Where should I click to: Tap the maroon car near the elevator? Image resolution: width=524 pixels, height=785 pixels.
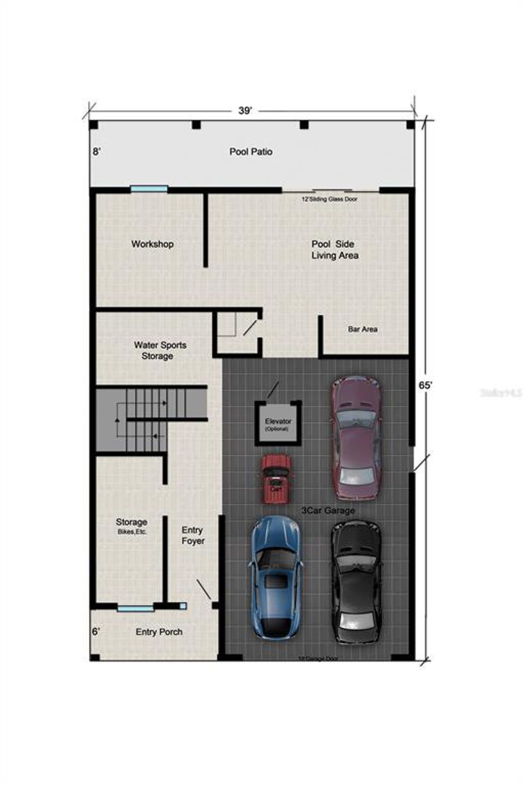[x=357, y=438]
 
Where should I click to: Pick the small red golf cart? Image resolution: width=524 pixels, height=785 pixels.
[x=277, y=479]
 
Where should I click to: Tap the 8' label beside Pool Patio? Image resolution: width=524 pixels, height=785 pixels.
[x=96, y=152]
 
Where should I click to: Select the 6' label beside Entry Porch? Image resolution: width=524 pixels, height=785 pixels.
[x=95, y=632]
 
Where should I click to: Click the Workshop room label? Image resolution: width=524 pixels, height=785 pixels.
[x=152, y=244]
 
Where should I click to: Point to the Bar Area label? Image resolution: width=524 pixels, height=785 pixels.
[x=363, y=329]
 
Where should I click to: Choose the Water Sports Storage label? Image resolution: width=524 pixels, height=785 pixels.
[x=160, y=350]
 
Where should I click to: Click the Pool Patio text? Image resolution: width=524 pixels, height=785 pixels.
[x=251, y=152]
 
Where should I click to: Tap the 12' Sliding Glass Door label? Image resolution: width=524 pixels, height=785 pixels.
[x=329, y=199]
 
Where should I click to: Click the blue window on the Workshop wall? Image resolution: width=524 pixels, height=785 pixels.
[x=149, y=189]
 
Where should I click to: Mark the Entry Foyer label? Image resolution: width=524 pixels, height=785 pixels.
[x=193, y=535]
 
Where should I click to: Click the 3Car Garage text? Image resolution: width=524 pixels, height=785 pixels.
[x=328, y=511]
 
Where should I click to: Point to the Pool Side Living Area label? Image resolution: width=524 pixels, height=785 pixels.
[x=334, y=250]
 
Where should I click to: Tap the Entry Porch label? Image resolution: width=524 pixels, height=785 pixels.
[x=159, y=632]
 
